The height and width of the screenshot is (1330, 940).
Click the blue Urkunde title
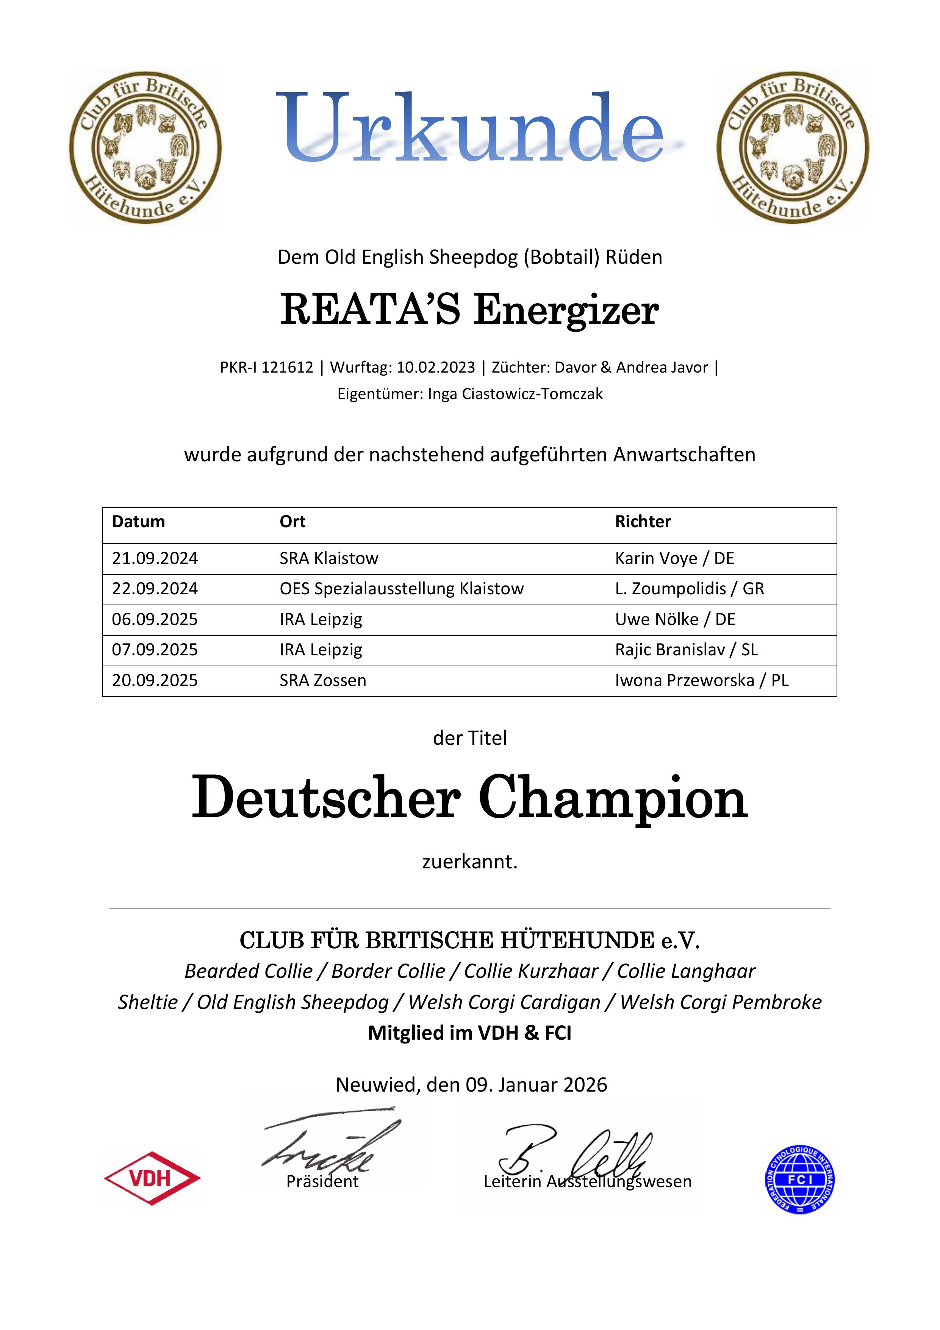click(x=470, y=128)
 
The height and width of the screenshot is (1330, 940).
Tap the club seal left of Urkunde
click(x=145, y=148)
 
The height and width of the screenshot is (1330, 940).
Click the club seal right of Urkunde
click(x=793, y=148)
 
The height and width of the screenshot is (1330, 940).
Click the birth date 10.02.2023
click(x=436, y=367)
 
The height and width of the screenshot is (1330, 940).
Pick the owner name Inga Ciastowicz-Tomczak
click(x=515, y=394)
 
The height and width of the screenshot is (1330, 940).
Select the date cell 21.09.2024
click(x=155, y=558)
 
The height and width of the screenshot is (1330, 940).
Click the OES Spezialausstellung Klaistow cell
click(x=401, y=589)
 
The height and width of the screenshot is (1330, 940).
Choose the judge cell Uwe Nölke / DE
click(x=675, y=619)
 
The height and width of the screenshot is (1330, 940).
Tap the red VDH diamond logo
click(x=152, y=1178)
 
